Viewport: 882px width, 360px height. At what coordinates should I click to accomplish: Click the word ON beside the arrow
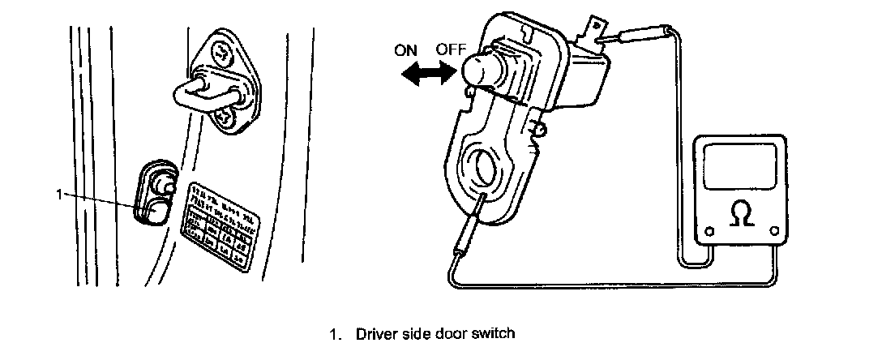(405, 49)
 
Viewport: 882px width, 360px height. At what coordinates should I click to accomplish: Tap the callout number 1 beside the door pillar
(59, 194)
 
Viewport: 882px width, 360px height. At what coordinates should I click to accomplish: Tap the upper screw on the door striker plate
(221, 52)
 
